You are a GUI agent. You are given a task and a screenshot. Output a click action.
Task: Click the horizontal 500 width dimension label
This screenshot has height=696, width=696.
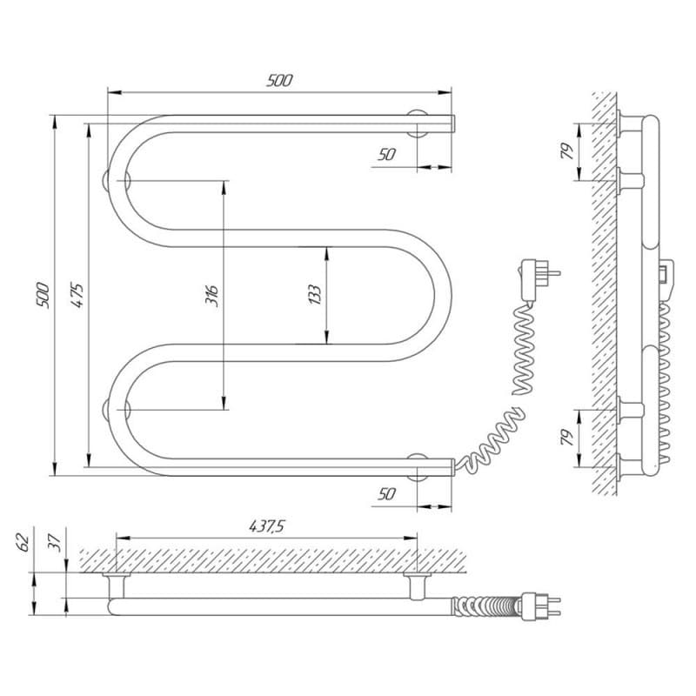pos(279,81)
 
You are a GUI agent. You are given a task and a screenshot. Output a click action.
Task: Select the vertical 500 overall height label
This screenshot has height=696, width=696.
pos(41,296)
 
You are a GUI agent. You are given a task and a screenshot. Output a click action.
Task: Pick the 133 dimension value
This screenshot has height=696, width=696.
pos(315,295)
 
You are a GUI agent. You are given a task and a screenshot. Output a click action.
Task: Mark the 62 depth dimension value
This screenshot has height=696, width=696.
pos(24,543)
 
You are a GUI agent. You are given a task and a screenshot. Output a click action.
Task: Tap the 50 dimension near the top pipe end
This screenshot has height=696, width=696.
pos(387,155)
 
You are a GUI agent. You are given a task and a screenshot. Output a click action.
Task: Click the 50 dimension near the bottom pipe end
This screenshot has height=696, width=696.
pos(387,493)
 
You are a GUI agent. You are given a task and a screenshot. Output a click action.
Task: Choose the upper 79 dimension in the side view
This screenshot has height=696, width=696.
pos(566,151)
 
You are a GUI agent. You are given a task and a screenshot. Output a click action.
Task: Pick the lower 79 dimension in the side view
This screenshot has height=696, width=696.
pos(566,437)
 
